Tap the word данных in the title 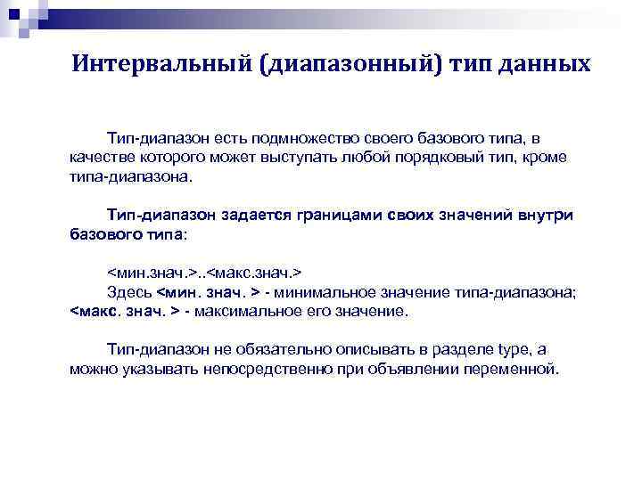pos(547,64)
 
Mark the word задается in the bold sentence pos(262,215)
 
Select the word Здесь pos(129,291)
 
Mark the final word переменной pos(519,369)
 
